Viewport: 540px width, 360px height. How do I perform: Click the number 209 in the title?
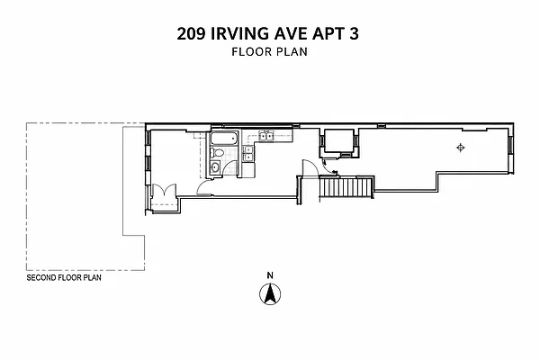[x=191, y=34]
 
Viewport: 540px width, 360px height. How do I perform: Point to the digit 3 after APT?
[x=354, y=34]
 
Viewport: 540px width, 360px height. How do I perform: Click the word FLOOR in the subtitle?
[x=252, y=51]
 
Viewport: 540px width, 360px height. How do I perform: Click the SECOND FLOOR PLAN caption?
[x=64, y=278]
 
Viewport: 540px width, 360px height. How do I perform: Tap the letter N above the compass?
[x=270, y=275]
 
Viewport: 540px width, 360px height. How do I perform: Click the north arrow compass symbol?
[x=270, y=294]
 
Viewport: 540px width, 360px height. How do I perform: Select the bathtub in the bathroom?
[x=224, y=138]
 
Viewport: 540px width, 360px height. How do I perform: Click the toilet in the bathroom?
[x=217, y=153]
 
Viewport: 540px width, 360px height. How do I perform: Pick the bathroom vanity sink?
[x=215, y=167]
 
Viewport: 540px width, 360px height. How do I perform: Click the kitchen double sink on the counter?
[x=266, y=137]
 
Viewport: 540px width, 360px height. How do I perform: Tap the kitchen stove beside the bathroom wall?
[x=248, y=154]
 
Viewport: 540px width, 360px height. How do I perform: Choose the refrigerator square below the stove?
[x=248, y=170]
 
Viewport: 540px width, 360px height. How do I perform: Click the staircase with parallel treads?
[x=346, y=187]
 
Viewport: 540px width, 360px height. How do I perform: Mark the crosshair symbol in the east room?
[x=461, y=148]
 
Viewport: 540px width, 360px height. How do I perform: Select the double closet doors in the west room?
[x=165, y=190]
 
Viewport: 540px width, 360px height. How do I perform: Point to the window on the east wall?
[x=511, y=144]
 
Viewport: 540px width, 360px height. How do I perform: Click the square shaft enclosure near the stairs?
[x=339, y=141]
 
